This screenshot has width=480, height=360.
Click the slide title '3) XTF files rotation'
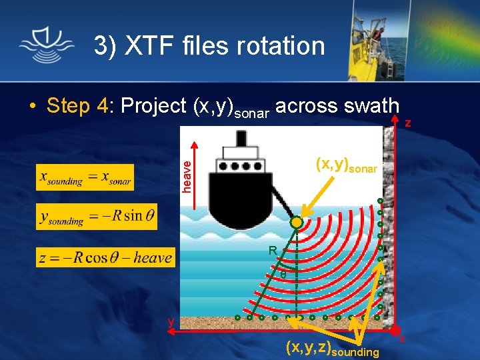pyautogui.click(x=209, y=46)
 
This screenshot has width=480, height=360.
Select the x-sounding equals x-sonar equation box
pyautogui.click(x=85, y=177)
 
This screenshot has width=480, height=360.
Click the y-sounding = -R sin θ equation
pyautogui.click(x=96, y=217)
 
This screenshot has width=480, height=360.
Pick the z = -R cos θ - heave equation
pyautogui.click(x=105, y=257)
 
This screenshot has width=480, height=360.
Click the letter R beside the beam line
pyautogui.click(x=272, y=251)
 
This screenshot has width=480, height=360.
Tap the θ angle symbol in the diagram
pyautogui.click(x=283, y=274)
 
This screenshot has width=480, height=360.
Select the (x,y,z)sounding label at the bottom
pyautogui.click(x=331, y=348)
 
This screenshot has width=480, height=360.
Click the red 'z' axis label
pyautogui.click(x=408, y=123)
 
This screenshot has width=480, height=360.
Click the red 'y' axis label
pyautogui.click(x=171, y=321)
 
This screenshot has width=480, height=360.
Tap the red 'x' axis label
pyautogui.click(x=402, y=340)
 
